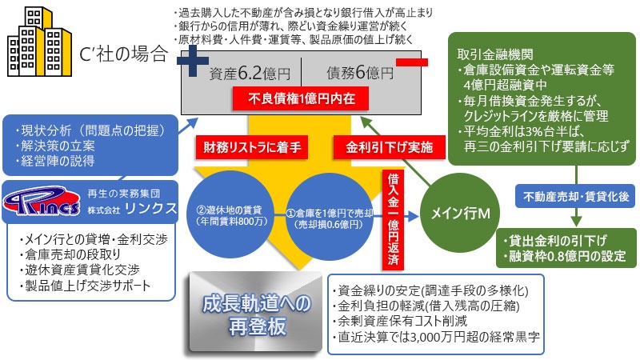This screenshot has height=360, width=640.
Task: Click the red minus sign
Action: tap(409, 61)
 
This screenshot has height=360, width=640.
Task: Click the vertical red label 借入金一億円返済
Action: tap(393, 218)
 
